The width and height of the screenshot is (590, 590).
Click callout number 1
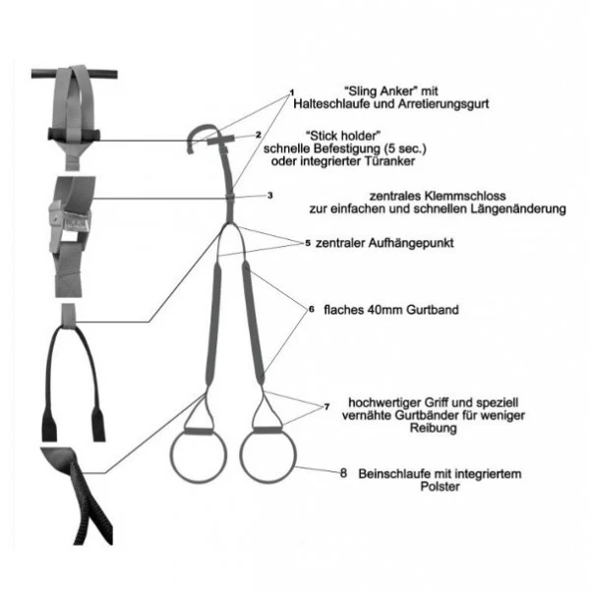pyautogui.click(x=292, y=92)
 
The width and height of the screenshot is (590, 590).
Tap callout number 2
pyautogui.click(x=258, y=135)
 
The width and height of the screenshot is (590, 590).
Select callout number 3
pyautogui.click(x=269, y=196)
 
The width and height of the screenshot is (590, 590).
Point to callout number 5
pyautogui.click(x=308, y=243)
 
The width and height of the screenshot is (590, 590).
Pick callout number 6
pyautogui.click(x=311, y=310)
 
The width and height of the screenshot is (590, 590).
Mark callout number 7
pyautogui.click(x=326, y=407)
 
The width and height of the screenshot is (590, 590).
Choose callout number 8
pyautogui.click(x=343, y=473)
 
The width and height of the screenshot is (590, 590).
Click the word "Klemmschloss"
pyautogui.click(x=465, y=196)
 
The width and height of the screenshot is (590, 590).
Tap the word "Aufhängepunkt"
pyautogui.click(x=411, y=244)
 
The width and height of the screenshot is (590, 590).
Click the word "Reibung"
pyautogui.click(x=433, y=428)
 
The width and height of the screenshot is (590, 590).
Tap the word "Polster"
pyautogui.click(x=440, y=487)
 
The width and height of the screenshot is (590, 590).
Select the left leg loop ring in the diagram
pyautogui.click(x=199, y=456)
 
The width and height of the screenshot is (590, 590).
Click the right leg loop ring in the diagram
pyautogui.click(x=267, y=455)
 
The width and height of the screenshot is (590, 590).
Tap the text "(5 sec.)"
pyautogui.click(x=405, y=149)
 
